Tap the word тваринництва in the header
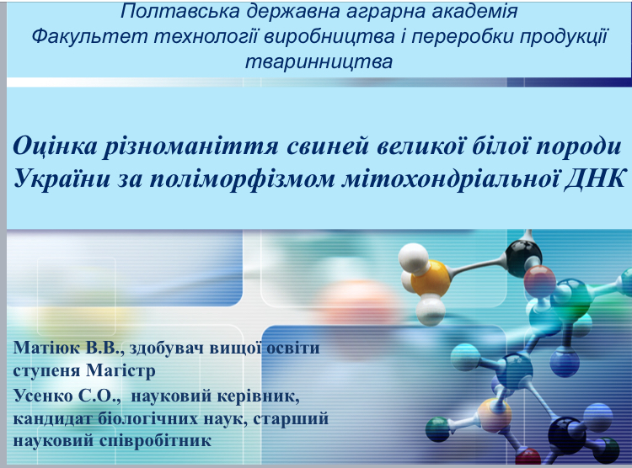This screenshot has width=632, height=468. [x=319, y=62]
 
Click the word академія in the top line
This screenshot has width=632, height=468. [x=474, y=11]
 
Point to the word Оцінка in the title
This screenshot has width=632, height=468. [x=56, y=146]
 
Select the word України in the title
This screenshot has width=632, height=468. [x=62, y=178]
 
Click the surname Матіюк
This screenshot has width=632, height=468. [x=46, y=348]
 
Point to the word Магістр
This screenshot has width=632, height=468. [x=121, y=370]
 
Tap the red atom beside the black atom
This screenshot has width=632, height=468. [x=539, y=280]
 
